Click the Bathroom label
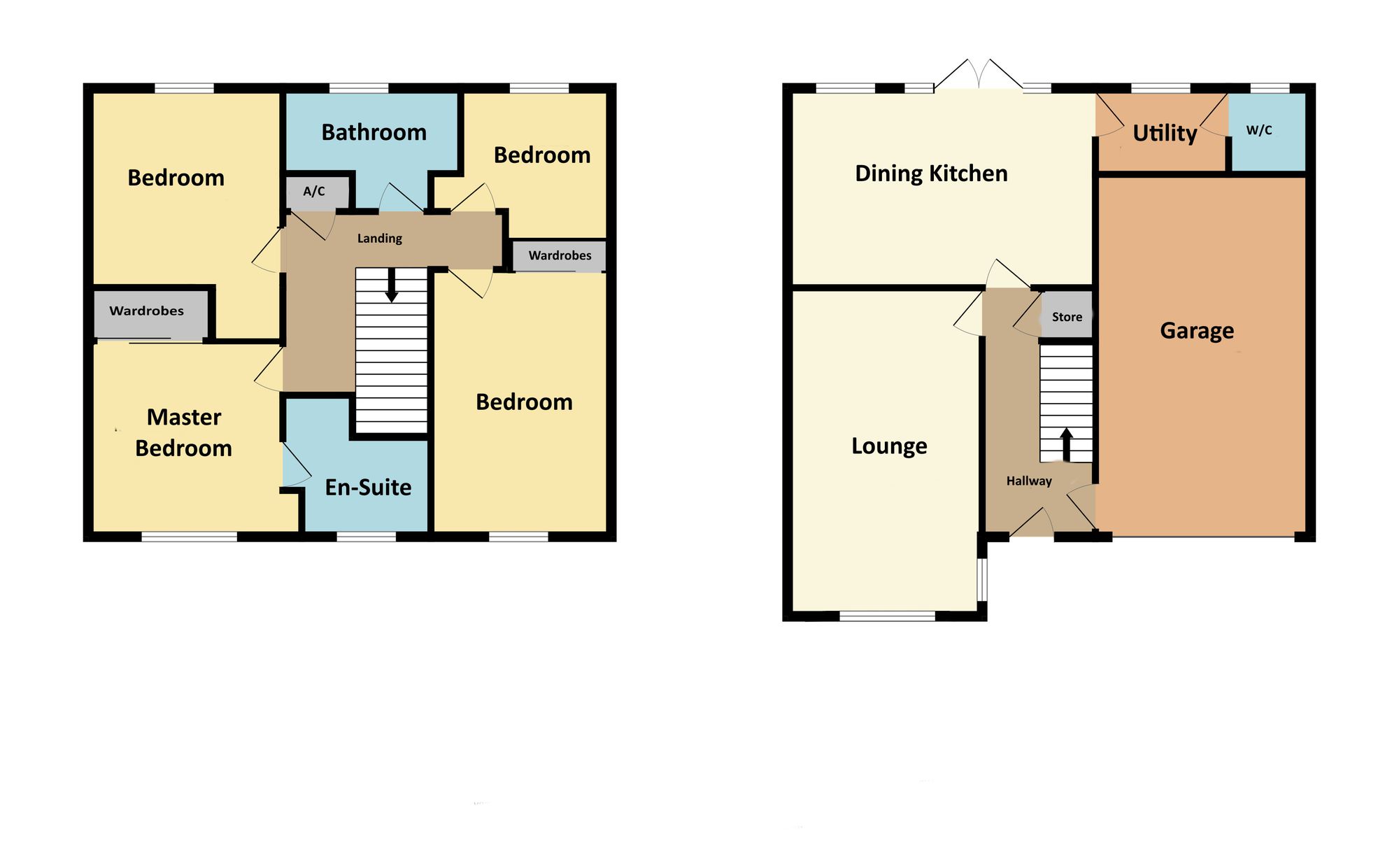[x=374, y=132]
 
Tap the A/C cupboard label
[x=314, y=191]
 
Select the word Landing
[x=380, y=239]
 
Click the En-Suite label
[x=369, y=487]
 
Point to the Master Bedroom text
[x=183, y=432]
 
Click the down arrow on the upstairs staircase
[x=392, y=285]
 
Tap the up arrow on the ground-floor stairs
[x=1067, y=445]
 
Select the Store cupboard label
[x=1067, y=317]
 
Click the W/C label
[x=1259, y=130]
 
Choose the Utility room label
[x=1165, y=133]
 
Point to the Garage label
[x=1197, y=330]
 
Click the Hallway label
[x=1029, y=481]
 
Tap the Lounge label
[x=889, y=446]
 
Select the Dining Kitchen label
[x=932, y=173]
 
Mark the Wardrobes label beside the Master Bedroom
[x=147, y=311]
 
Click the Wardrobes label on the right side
[x=560, y=255]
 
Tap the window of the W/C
[x=1270, y=88]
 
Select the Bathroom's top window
[x=359, y=88]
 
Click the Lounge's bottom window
[x=888, y=616]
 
